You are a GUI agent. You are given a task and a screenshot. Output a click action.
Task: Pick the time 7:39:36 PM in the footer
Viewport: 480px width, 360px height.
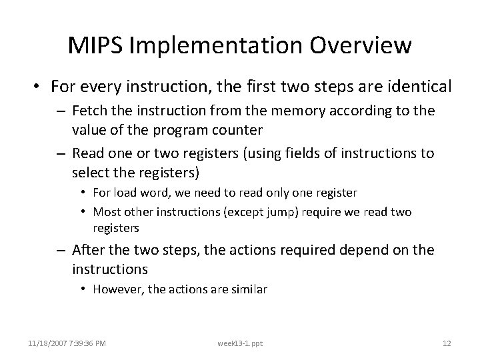(x=89, y=343)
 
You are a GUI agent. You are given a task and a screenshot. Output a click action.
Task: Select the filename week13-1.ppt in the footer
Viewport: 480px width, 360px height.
(x=240, y=343)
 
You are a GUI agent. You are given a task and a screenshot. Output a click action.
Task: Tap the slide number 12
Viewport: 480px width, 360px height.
(x=447, y=343)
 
